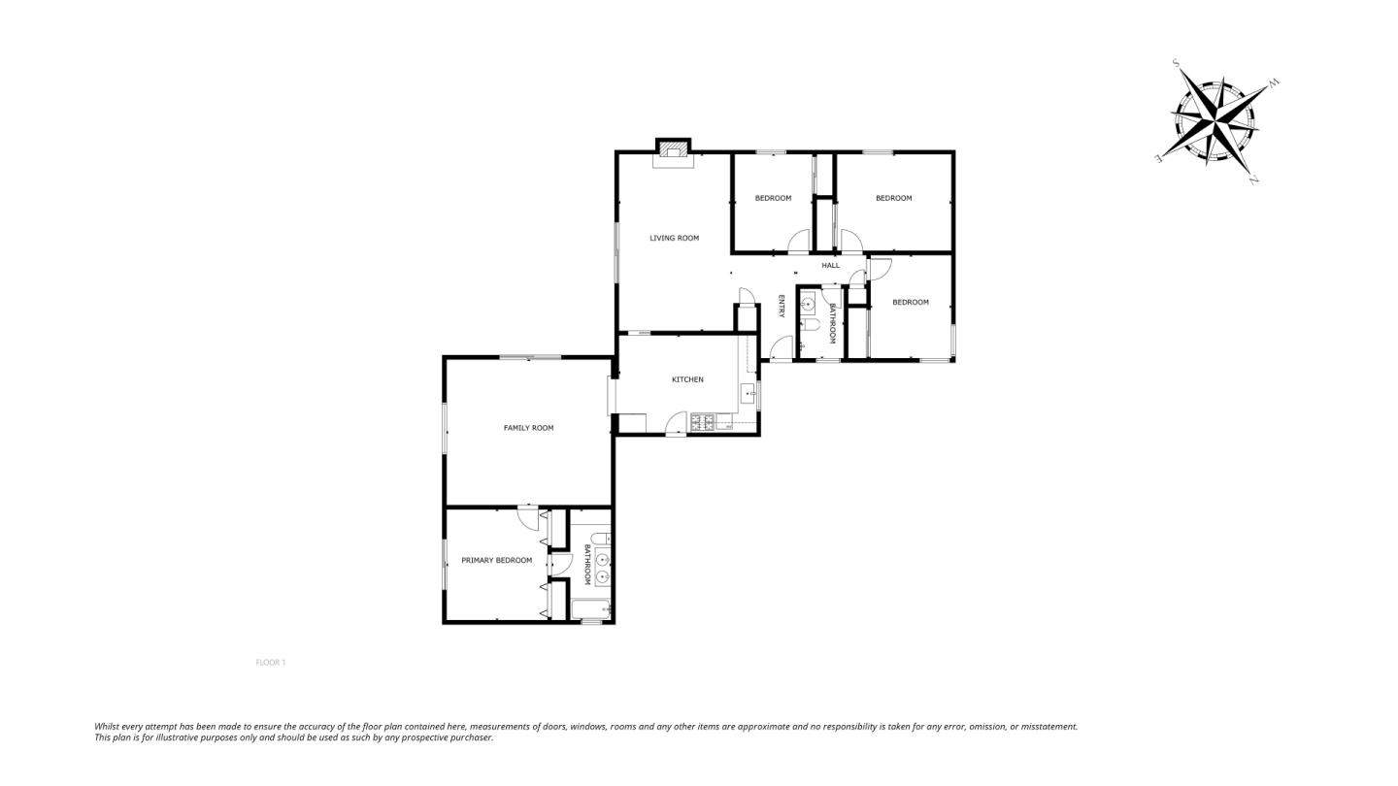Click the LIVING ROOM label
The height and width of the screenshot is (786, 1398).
674,238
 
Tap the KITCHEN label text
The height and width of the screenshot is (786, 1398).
687,379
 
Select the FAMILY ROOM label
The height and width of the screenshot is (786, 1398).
528,428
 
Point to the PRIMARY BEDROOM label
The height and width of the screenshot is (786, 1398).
497,560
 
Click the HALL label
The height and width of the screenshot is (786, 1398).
831,265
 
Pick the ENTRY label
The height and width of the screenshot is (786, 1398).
781,307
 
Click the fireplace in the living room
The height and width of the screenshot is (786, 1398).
673,154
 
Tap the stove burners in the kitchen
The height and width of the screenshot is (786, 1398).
703,422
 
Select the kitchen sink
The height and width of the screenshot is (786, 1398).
749,394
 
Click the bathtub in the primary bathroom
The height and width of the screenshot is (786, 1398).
590,608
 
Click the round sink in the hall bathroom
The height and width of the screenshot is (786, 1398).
808,305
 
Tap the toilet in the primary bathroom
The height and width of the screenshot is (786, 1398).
600,539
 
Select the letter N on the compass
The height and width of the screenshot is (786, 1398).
1253,180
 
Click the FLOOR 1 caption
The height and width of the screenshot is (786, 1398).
270,663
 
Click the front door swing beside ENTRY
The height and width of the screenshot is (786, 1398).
782,348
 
